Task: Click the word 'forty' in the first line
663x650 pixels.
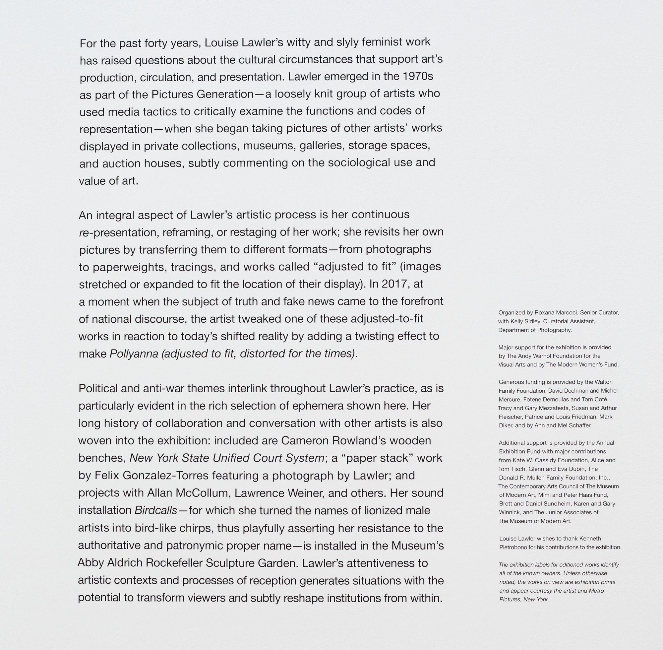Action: point(155,43)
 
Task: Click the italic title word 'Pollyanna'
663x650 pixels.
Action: point(134,354)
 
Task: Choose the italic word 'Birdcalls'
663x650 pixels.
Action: point(155,510)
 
